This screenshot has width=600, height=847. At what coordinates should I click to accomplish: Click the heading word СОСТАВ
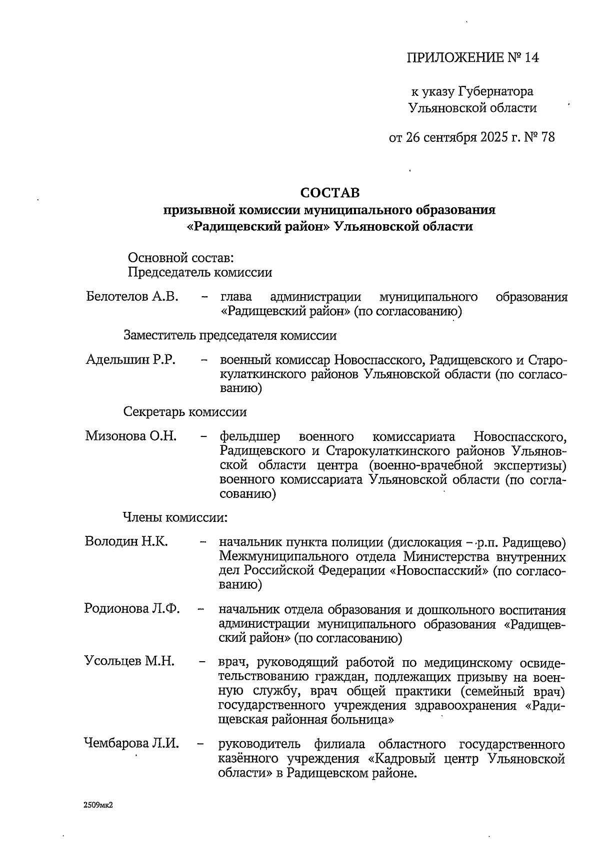pyautogui.click(x=329, y=192)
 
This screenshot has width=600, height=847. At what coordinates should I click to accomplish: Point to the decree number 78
pyautogui.click(x=547, y=137)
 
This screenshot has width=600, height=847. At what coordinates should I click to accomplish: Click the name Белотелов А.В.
pyautogui.click(x=132, y=297)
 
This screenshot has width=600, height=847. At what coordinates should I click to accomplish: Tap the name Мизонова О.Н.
pyautogui.click(x=131, y=436)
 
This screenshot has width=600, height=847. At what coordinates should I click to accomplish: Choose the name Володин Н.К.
pyautogui.click(x=126, y=542)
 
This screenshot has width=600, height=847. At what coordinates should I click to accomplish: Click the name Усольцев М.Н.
pyautogui.click(x=129, y=662)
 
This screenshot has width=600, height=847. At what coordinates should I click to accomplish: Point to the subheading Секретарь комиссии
pyautogui.click(x=185, y=412)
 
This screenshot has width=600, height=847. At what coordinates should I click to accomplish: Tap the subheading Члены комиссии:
pyautogui.click(x=175, y=517)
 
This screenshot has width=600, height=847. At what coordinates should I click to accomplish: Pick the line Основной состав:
pyautogui.click(x=181, y=258)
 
